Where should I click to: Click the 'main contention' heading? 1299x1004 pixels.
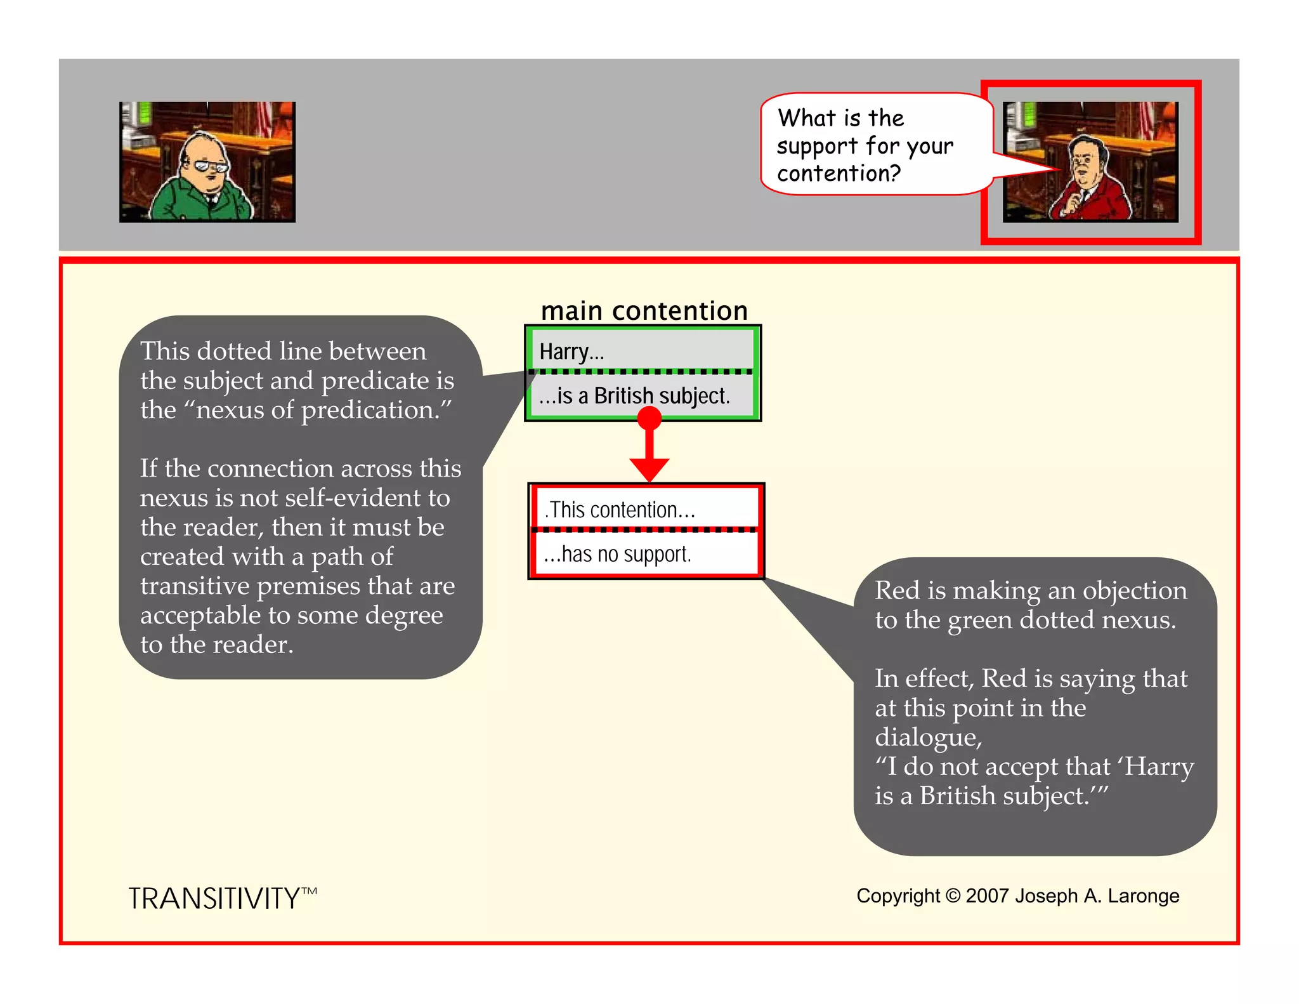click(x=644, y=311)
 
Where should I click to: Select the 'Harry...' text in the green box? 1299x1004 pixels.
click(x=571, y=352)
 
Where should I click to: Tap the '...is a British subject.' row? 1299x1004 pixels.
click(x=634, y=396)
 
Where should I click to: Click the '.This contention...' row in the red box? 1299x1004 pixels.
click(x=620, y=510)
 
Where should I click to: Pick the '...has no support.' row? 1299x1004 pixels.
click(x=617, y=554)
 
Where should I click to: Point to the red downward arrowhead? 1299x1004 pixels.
click(x=649, y=470)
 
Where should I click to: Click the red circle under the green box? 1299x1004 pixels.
click(x=649, y=418)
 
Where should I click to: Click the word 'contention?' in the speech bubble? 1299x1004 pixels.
click(x=839, y=173)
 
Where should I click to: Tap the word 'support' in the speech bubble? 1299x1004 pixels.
click(x=817, y=147)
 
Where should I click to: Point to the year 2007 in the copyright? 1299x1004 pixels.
click(x=986, y=895)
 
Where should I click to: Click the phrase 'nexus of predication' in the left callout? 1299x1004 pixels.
click(x=318, y=410)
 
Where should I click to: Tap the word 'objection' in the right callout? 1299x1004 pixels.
click(x=1135, y=590)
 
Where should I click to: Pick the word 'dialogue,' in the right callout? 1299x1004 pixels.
click(x=928, y=737)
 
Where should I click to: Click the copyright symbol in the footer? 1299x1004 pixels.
click(x=953, y=895)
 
